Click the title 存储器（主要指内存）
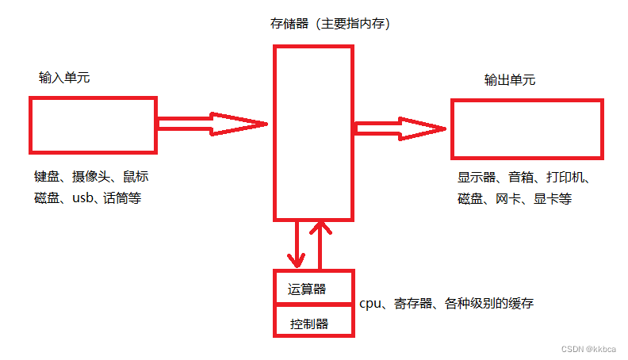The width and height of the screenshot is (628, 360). (x=331, y=24)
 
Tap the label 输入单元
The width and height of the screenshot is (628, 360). (x=64, y=78)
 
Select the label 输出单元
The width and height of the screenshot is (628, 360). (x=510, y=80)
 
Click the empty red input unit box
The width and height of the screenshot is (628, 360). (x=93, y=124)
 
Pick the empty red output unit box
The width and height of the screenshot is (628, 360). (x=527, y=128)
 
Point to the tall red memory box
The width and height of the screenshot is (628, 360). (x=313, y=132)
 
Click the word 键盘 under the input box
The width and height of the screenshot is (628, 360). (x=47, y=177)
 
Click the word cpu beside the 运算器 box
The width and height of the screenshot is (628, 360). (x=370, y=303)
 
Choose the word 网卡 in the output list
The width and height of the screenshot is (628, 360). (x=508, y=198)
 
